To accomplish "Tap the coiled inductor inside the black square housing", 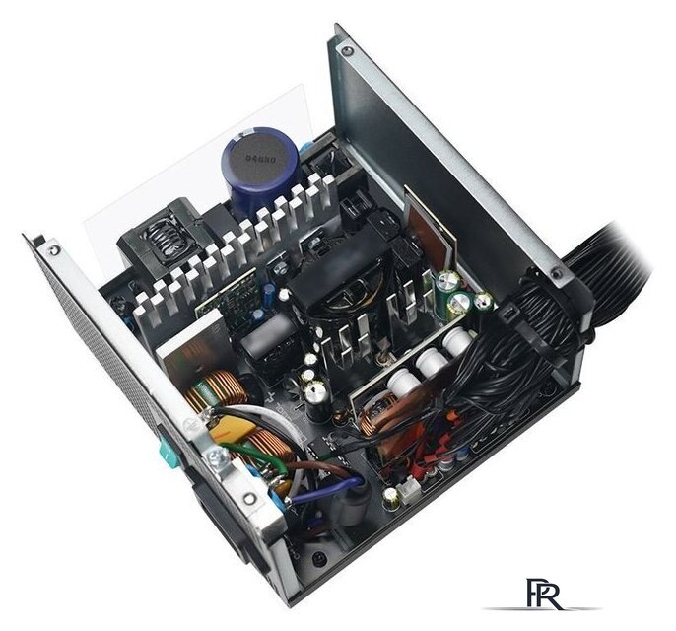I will point(156,237).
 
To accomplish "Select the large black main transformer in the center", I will point(335,276).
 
